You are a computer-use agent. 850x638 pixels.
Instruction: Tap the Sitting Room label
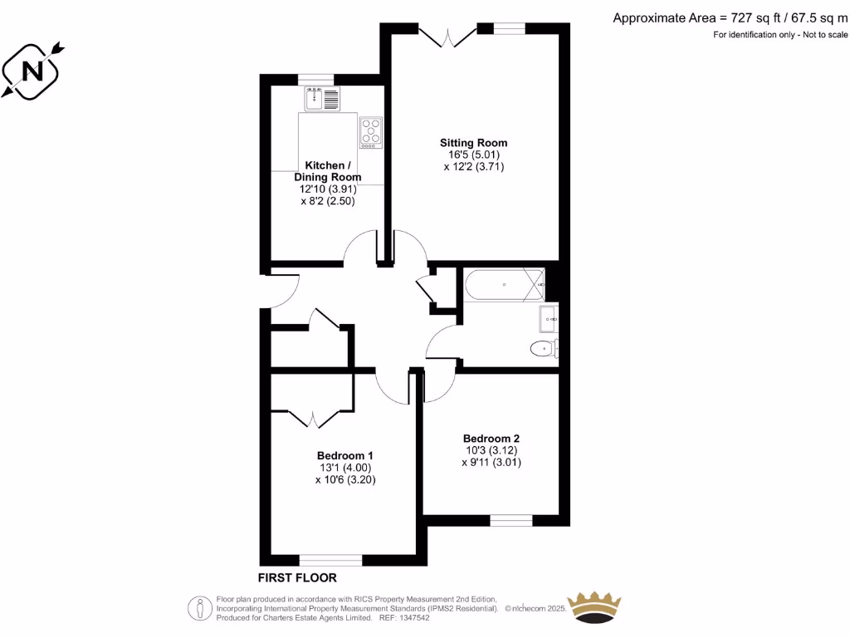(473, 143)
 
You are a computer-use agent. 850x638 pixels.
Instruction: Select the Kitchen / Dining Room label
(327, 171)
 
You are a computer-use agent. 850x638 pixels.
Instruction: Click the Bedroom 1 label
(345, 455)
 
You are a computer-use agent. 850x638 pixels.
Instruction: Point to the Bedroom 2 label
(491, 439)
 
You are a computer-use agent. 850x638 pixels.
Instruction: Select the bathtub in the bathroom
(504, 285)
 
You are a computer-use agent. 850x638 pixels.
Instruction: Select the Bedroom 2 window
(510, 520)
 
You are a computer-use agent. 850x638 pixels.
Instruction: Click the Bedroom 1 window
(330, 559)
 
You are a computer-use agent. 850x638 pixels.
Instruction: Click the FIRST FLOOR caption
(297, 577)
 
